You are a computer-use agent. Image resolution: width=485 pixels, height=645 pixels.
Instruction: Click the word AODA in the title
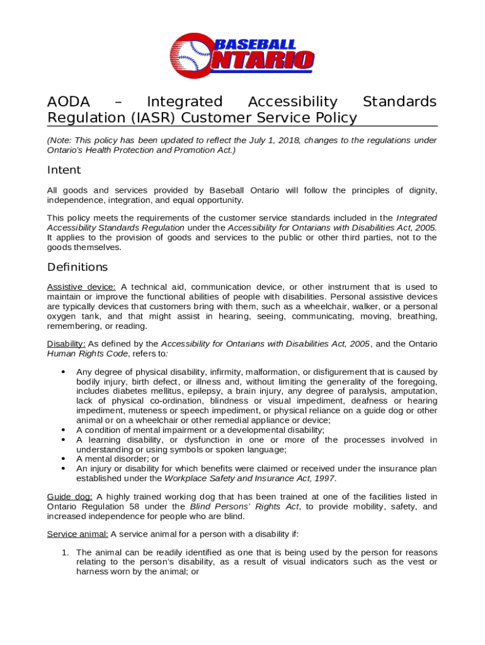click(x=69, y=102)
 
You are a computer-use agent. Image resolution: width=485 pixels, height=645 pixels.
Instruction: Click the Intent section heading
click(x=64, y=171)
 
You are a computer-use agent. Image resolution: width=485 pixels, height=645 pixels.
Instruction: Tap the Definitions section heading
click(x=77, y=267)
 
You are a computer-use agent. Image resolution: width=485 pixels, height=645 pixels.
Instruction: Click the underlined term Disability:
click(x=66, y=344)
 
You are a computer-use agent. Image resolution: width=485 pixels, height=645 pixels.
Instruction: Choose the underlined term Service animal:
click(x=77, y=535)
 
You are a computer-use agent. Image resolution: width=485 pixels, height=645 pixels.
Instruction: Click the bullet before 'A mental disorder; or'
click(x=63, y=459)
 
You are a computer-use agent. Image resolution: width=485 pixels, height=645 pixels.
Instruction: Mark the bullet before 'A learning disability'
click(x=63, y=440)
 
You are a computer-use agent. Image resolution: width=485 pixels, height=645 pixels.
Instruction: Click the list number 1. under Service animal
click(x=64, y=552)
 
